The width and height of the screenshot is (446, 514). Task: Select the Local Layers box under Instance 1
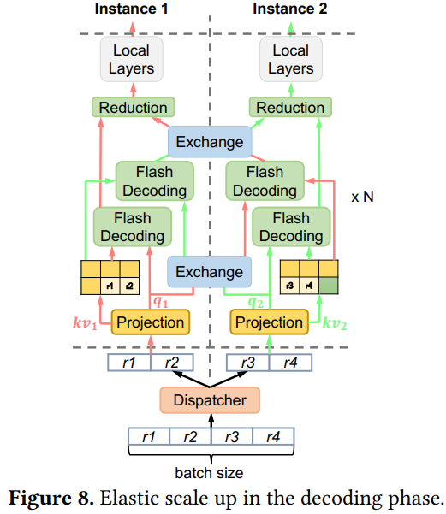(x=131, y=59)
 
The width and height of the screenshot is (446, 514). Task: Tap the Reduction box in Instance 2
(x=290, y=108)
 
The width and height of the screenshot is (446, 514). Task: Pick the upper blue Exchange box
(x=210, y=142)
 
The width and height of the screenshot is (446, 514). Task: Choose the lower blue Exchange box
(x=210, y=272)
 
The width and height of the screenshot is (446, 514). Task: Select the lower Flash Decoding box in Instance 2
(x=291, y=227)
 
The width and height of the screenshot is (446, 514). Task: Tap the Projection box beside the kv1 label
(x=150, y=322)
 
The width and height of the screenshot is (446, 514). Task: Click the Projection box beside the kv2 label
(x=269, y=322)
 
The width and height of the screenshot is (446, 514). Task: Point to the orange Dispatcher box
(x=209, y=399)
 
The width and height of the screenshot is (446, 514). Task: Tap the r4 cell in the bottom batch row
(x=273, y=438)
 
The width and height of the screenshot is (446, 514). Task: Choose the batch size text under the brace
(x=210, y=473)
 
